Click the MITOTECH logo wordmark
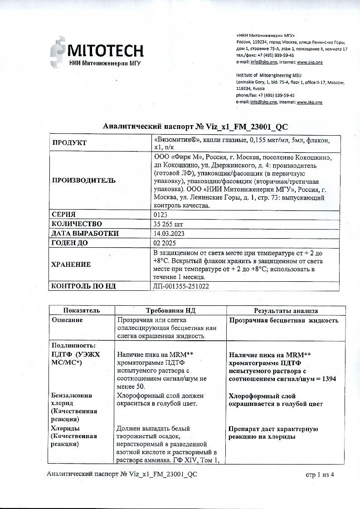pyautogui.click(x=105, y=50)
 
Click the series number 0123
pyautogui.click(x=161, y=214)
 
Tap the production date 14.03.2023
pyautogui.click(x=170, y=233)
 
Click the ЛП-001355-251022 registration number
pyautogui.click(x=182, y=286)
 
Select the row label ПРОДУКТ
pyautogui.click(x=69, y=143)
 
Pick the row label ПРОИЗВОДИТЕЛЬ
pyautogui.click(x=84, y=180)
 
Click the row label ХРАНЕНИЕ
pyautogui.click(x=71, y=264)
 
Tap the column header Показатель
pyautogui.click(x=82, y=311)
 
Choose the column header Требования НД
pyautogui.click(x=170, y=311)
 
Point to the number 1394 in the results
pyautogui.click(x=326, y=379)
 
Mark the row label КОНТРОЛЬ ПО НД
pyautogui.click(x=84, y=286)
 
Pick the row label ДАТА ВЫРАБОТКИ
pyautogui.click(x=85, y=233)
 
